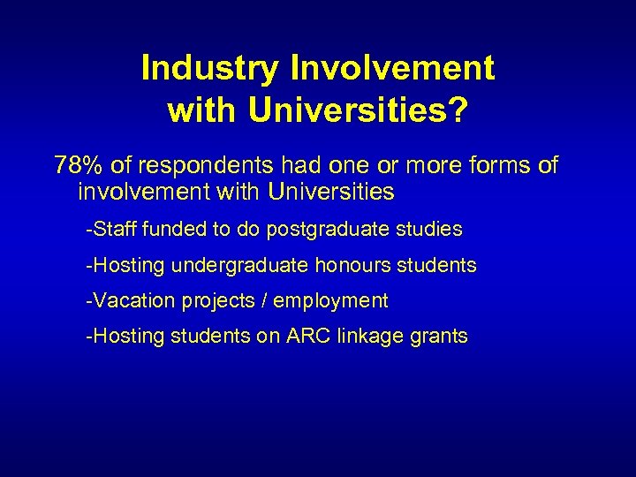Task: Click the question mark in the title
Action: (458, 110)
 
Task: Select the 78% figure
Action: (77, 165)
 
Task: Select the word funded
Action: (173, 230)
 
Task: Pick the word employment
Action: (330, 300)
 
